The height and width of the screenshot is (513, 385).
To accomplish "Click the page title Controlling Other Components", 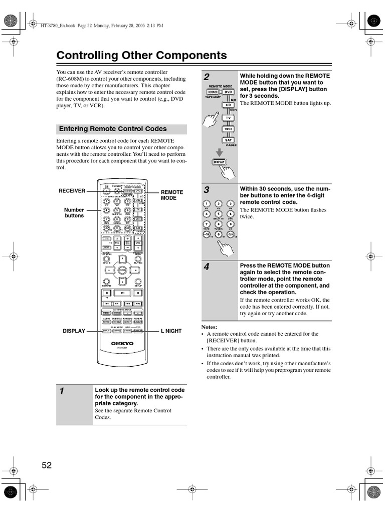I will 141,56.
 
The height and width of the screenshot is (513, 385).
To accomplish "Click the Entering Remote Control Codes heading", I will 113,129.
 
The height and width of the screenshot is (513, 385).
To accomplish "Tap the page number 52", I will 47,465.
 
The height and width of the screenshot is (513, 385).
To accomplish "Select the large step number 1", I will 62,392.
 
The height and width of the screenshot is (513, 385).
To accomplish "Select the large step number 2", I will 207,77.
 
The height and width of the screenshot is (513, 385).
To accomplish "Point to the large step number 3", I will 207,190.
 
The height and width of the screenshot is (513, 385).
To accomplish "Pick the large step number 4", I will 207,267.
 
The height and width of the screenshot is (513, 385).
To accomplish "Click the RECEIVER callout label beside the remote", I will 72,191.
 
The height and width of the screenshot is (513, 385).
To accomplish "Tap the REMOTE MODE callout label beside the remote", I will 171,195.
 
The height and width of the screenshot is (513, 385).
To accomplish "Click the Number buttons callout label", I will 74,212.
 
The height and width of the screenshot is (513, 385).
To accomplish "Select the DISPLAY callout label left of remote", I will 73,331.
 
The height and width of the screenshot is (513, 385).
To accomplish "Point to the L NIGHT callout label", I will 171,331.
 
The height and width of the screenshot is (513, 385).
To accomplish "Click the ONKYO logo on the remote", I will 122,343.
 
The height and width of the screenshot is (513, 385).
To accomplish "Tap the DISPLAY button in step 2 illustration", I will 219,162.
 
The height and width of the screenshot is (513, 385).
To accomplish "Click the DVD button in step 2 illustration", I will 228,92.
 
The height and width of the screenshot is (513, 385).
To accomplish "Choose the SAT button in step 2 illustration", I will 228,140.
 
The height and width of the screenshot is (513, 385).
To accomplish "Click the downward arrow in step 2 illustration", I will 219,151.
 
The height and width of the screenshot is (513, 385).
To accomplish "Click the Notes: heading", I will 209,327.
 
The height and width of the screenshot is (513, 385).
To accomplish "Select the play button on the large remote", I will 122,292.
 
